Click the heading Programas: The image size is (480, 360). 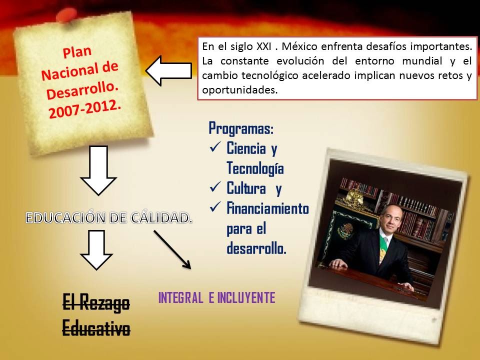click(x=241, y=128)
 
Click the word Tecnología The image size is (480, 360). click(x=255, y=168)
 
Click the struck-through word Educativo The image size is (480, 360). click(x=96, y=328)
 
